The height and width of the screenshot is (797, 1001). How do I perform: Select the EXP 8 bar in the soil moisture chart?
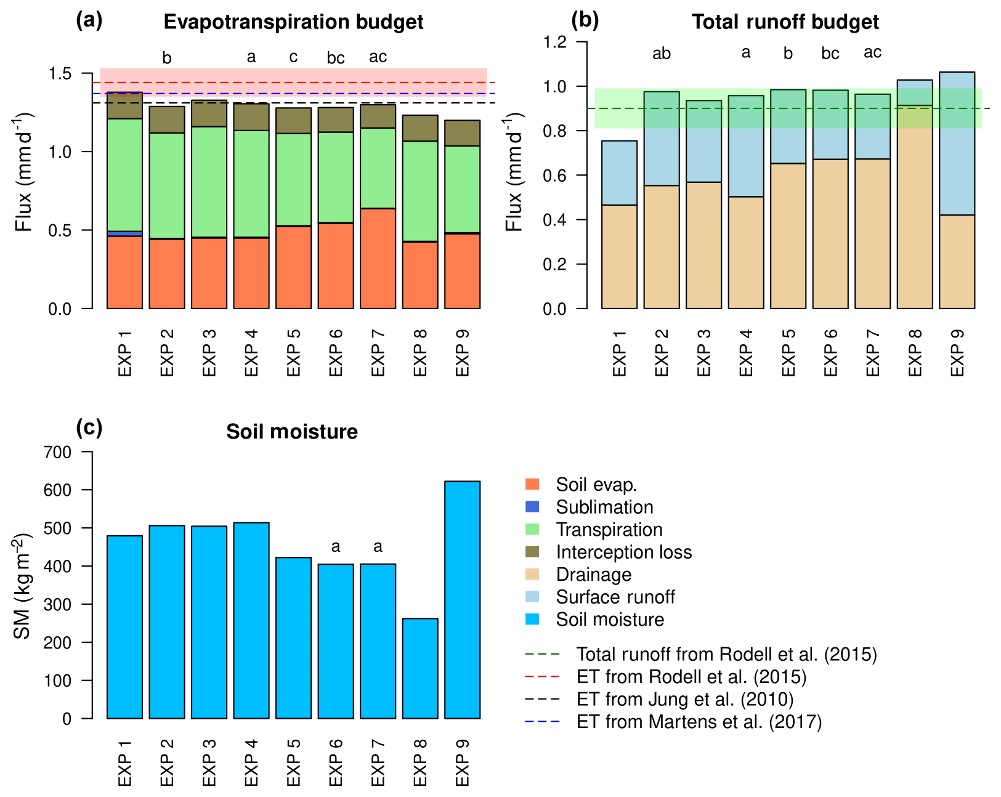click(420, 668)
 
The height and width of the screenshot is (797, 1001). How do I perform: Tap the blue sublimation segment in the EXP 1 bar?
click(124, 233)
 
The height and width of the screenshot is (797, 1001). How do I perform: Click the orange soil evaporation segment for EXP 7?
click(378, 259)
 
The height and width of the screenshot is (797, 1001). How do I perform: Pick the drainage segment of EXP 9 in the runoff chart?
click(957, 262)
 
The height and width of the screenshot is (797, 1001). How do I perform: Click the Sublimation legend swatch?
click(532, 507)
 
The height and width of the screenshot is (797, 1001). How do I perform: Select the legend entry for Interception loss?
click(623, 552)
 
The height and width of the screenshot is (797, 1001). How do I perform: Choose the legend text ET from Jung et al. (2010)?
click(685, 699)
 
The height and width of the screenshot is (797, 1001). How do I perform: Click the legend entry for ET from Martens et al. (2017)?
click(699, 721)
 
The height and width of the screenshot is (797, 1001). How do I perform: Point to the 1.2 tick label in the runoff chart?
click(554, 42)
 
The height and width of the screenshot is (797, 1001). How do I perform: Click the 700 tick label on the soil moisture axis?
click(59, 452)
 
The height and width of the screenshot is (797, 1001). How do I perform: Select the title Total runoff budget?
click(785, 22)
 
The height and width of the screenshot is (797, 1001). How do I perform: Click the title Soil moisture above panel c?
click(291, 432)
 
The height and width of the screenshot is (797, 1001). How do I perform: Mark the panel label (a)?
click(89, 21)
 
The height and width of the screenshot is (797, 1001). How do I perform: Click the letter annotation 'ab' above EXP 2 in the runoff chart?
click(661, 54)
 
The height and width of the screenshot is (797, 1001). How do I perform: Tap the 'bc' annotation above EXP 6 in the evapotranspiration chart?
click(335, 59)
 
